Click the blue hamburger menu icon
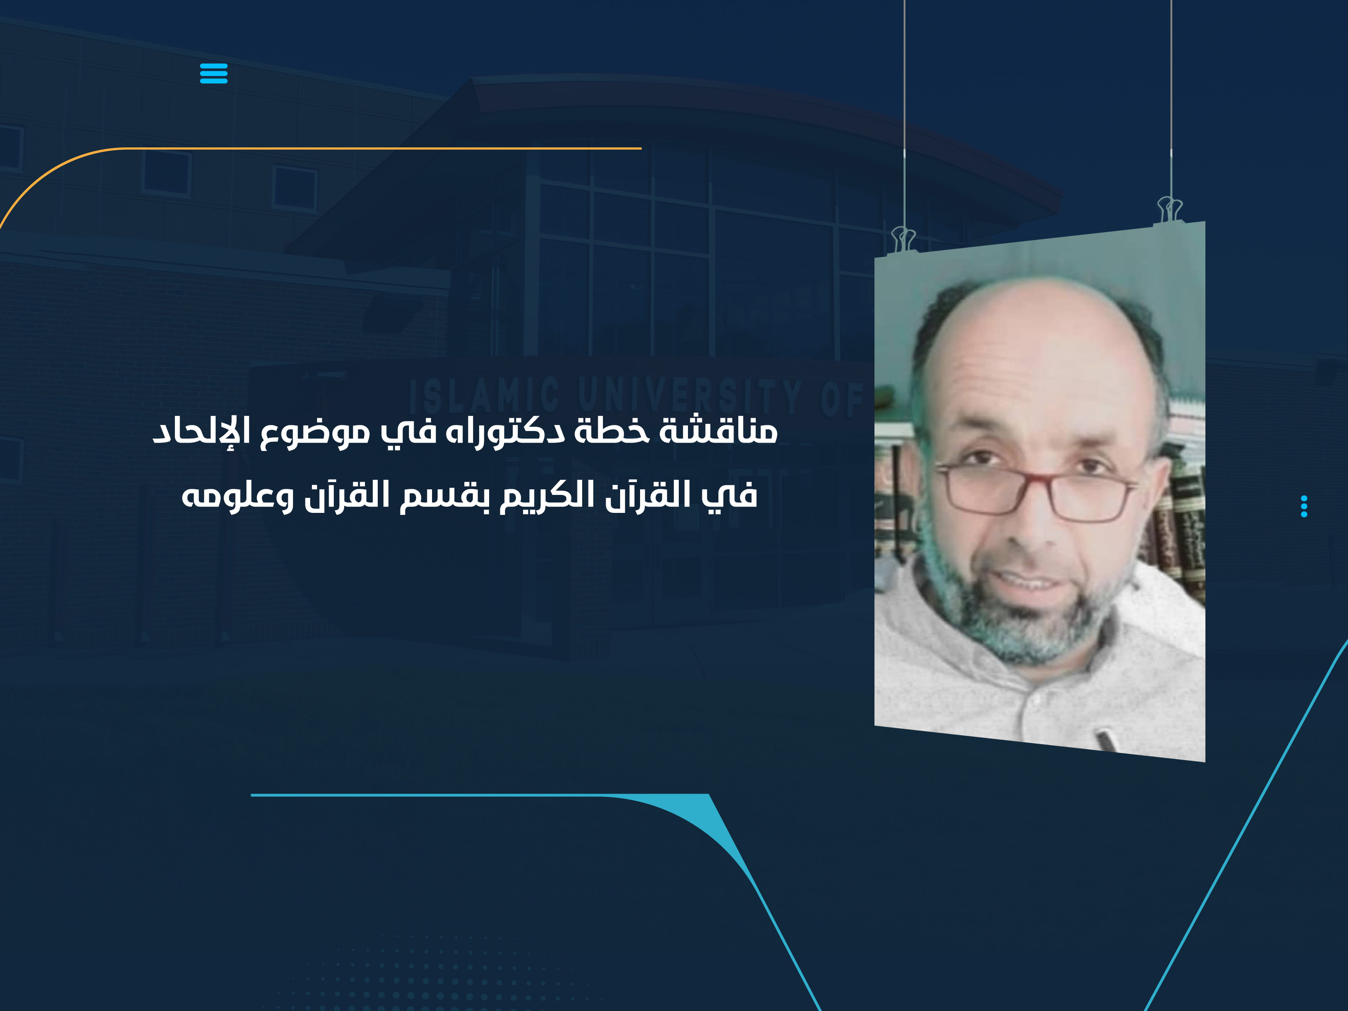coord(213,73)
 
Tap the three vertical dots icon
coord(1304,506)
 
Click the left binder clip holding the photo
coord(903,239)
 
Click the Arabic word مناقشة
coord(720,431)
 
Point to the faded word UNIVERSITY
coord(689,395)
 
